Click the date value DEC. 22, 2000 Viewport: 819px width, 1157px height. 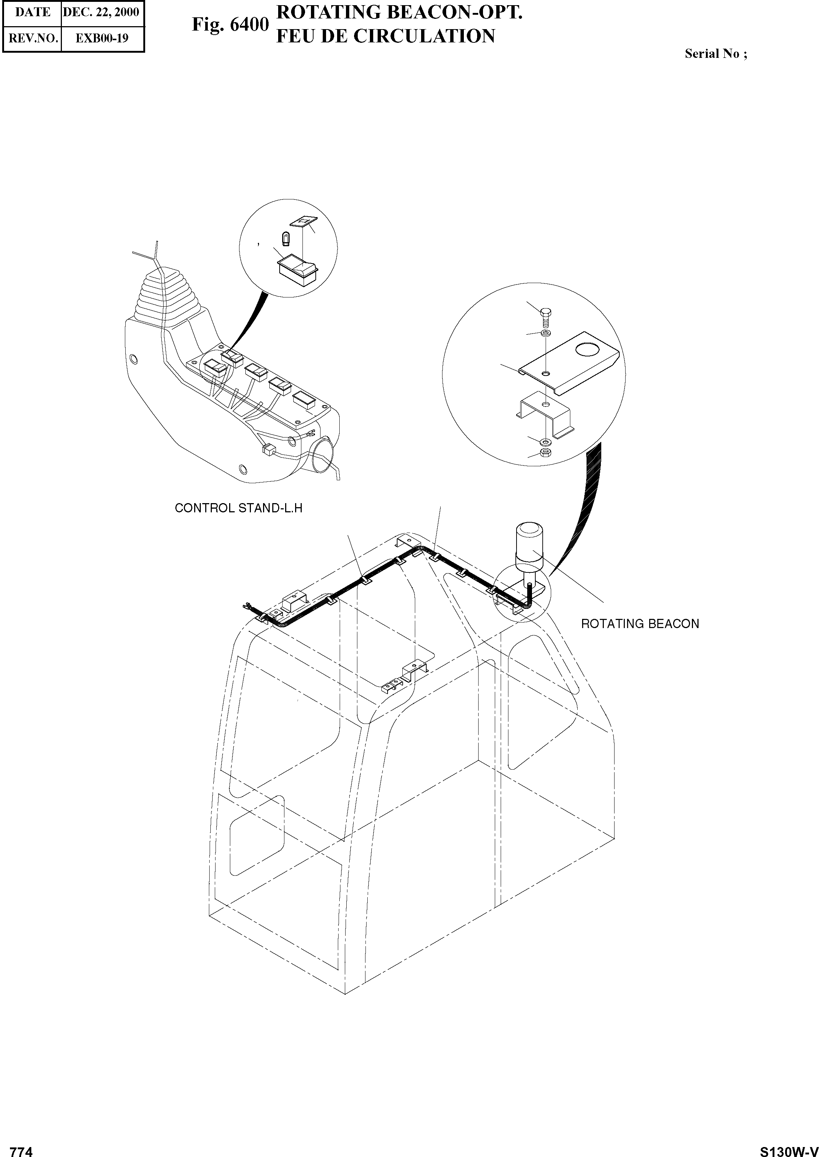101,12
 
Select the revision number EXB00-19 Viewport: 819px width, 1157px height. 102,38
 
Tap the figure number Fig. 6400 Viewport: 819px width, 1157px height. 230,25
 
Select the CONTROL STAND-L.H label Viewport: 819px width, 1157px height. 238,508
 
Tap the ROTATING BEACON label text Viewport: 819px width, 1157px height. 640,624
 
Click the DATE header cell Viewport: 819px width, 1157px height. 32,12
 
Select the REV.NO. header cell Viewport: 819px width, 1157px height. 32,38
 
